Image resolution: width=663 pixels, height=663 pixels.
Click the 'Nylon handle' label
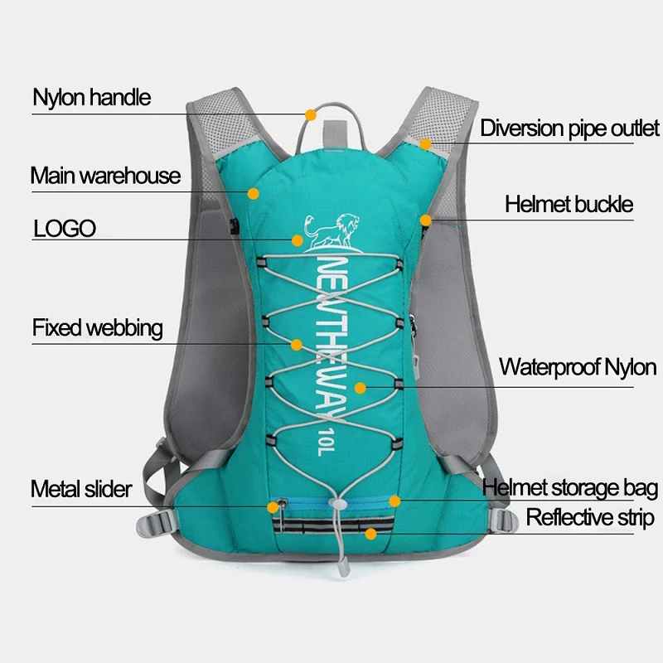point(92,98)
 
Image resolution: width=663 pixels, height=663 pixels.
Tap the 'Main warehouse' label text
point(105,176)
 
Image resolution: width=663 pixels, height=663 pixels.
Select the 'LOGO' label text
point(65,229)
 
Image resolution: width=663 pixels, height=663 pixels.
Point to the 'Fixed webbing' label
point(98,328)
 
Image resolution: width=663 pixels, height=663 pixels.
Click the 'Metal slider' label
point(81,489)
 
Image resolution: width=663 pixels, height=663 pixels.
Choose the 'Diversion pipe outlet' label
point(569,128)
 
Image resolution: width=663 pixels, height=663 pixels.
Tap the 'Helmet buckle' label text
point(569,204)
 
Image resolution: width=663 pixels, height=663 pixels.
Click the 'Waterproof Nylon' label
point(578,367)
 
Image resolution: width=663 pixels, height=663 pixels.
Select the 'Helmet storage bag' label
point(570,488)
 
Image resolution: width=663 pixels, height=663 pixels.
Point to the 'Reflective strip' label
point(590,519)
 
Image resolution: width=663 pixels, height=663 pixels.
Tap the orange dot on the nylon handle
point(311,114)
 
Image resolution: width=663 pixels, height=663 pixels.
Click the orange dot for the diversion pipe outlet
point(425,143)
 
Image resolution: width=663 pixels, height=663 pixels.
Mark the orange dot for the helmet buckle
point(425,220)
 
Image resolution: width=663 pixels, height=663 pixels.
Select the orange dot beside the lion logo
point(297,240)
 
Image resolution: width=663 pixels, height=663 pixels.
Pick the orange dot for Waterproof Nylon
point(361,386)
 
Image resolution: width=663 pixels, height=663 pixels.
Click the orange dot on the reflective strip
point(370,534)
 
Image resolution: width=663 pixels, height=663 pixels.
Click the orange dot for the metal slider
point(274,505)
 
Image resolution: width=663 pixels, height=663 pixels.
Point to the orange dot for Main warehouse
point(254,193)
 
